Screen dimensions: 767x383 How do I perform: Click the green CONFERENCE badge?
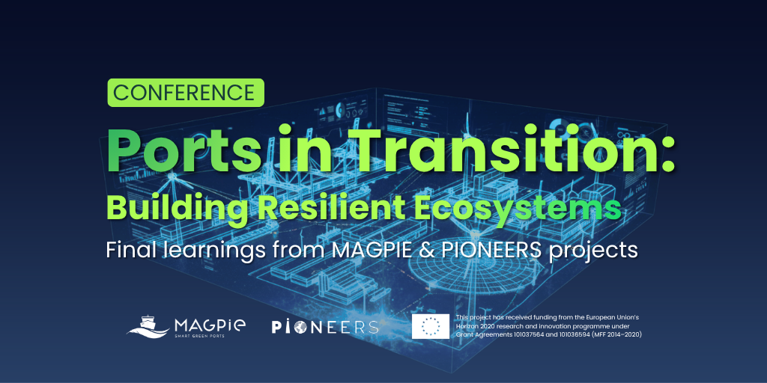click(186, 93)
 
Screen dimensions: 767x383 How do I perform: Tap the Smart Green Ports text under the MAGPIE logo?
click(199, 336)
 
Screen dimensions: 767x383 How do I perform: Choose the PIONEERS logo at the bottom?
click(325, 327)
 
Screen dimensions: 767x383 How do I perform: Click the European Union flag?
click(431, 326)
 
